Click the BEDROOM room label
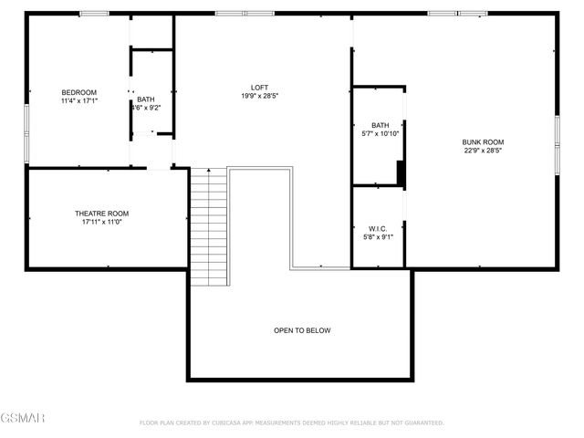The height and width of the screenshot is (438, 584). [x=78, y=92]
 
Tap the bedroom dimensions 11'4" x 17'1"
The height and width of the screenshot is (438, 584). [x=78, y=100]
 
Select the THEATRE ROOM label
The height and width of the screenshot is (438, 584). [x=102, y=214]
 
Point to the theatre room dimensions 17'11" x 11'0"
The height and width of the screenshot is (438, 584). [x=102, y=222]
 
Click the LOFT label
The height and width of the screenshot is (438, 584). [x=259, y=88]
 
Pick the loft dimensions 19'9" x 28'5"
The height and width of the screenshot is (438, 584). [x=259, y=96]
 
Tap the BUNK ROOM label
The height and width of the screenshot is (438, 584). [x=483, y=141]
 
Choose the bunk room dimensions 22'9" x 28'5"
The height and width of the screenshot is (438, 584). [x=483, y=151]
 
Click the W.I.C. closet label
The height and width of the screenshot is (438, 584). [x=379, y=228]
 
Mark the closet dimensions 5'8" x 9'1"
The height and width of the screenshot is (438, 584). [x=379, y=237]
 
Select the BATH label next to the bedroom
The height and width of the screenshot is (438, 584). [x=146, y=99]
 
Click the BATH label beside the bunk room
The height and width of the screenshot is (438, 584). [x=380, y=125]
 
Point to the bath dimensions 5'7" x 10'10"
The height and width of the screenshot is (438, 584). [x=380, y=134]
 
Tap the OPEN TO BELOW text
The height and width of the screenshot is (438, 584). [x=302, y=330]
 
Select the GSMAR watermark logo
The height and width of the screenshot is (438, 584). [x=23, y=418]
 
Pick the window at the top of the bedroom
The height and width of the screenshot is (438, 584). [x=94, y=14]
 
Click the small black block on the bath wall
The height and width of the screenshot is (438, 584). [x=401, y=172]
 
